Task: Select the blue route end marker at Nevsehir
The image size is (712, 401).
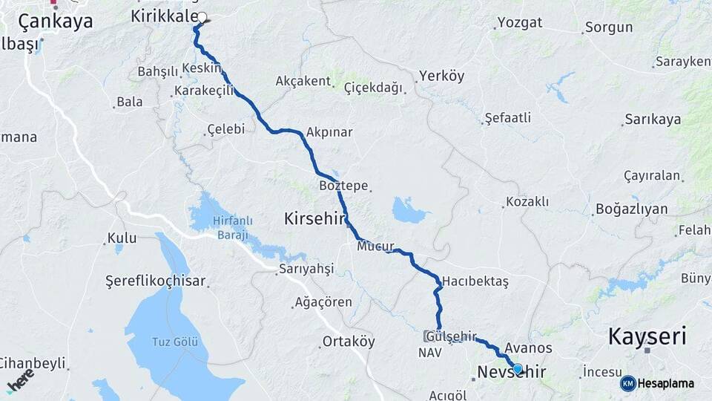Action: [x=518, y=368]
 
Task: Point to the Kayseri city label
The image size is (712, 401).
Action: [x=647, y=336]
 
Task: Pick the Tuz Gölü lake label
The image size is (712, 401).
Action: [x=175, y=342]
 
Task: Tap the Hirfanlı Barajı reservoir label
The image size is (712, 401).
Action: [x=233, y=226]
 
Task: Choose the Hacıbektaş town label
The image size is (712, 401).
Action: [x=475, y=282]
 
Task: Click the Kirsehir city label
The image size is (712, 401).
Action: [x=316, y=218]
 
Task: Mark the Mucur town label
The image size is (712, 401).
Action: [x=375, y=246]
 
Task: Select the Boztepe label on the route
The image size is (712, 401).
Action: [x=343, y=186]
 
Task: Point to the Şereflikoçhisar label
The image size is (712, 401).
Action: [x=156, y=281]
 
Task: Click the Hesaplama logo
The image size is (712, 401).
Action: [x=657, y=383]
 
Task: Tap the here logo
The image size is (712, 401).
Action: [x=21, y=381]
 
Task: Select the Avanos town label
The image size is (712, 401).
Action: [x=527, y=348]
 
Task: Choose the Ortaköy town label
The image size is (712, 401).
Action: [x=349, y=342]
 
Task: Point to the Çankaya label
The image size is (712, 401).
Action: [x=56, y=22]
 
